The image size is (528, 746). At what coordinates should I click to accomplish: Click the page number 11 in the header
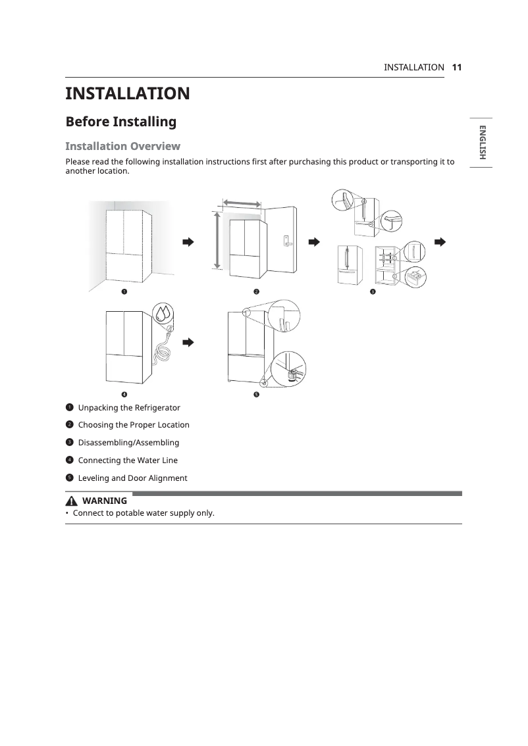457,67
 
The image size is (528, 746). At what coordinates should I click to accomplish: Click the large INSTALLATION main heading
127,93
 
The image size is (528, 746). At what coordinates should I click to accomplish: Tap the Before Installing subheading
120,122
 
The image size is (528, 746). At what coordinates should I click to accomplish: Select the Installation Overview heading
122,145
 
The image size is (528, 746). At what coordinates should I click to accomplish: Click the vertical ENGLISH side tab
481,143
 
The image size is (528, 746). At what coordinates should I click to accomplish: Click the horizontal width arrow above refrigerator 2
242,203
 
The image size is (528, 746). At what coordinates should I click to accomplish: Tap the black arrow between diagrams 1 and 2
188,242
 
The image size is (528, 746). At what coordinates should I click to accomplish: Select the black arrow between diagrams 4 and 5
188,342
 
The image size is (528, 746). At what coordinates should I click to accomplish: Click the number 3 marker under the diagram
372,291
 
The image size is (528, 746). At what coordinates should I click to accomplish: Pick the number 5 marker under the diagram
256,394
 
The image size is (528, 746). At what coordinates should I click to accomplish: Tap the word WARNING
105,501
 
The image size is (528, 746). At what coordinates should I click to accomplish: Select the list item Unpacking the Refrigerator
129,407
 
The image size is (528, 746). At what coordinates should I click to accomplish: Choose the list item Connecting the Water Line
128,460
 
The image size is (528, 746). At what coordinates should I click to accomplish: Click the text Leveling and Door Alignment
132,478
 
